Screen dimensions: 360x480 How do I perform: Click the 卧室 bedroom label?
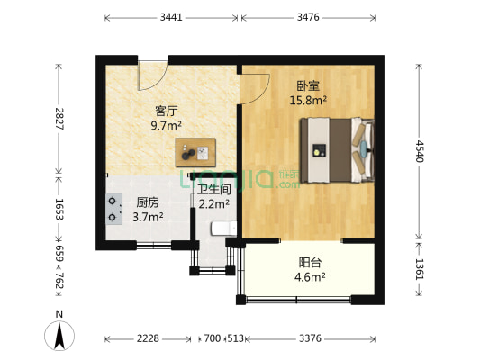click(308, 86)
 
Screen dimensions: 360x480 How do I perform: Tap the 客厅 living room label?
click(165, 112)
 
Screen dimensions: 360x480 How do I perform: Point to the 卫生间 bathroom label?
click(214, 190)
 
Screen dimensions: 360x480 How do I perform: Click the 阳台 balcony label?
click(311, 262)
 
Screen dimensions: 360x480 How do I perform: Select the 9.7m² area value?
click(167, 126)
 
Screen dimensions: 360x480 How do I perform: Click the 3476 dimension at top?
click(309, 17)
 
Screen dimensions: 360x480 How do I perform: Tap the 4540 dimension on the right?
click(419, 150)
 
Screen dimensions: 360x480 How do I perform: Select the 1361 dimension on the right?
click(419, 269)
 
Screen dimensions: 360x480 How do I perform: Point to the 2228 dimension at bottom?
click(148, 339)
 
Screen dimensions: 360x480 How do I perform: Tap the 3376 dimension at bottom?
click(309, 339)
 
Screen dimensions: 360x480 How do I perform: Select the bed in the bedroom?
click(334, 150)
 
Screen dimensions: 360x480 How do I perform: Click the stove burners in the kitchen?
click(114, 209)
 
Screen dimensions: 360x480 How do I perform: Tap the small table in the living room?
click(196, 153)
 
